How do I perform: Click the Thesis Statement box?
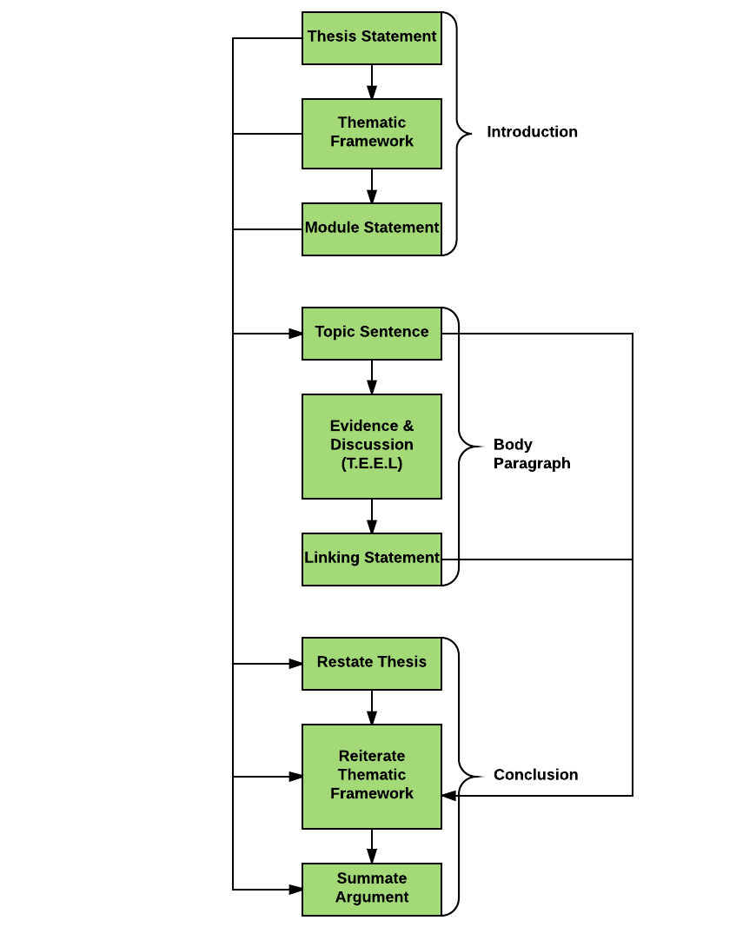tap(372, 38)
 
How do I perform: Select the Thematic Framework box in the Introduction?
tap(372, 134)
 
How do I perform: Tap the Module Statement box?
tap(372, 229)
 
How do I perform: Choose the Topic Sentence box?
tap(372, 334)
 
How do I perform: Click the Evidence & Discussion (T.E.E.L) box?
tap(372, 447)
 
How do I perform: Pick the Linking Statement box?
tap(372, 560)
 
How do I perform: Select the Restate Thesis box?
tap(372, 664)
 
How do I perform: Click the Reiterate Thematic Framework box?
tap(372, 776)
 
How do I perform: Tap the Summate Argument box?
tap(372, 889)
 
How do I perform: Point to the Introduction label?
tap(532, 132)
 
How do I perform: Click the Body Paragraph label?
tap(532, 454)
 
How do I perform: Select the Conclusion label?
tap(535, 774)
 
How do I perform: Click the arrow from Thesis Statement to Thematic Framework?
tap(372, 82)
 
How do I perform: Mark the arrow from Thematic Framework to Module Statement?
tap(372, 186)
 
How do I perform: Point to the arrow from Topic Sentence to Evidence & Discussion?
tap(372, 377)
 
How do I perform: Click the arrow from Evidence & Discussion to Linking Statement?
tap(372, 516)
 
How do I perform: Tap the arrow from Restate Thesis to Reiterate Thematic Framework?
tap(372, 707)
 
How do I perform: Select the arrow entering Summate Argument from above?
tap(372, 846)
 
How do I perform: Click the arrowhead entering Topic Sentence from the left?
tap(295, 334)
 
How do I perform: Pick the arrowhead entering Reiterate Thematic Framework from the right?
tap(448, 795)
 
